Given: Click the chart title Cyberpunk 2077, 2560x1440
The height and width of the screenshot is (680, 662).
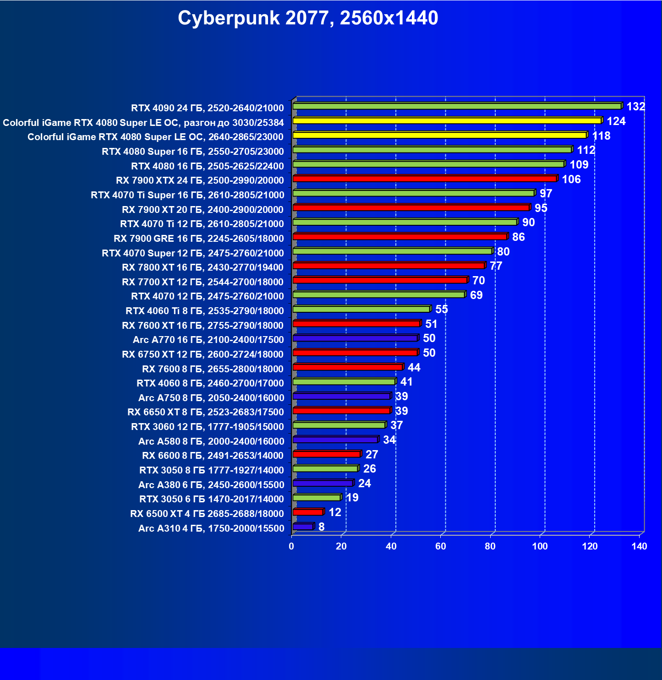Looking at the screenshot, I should (x=308, y=18).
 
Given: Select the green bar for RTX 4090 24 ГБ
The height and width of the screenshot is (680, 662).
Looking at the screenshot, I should (x=457, y=106).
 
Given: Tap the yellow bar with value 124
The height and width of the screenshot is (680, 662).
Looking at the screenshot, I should (x=447, y=121).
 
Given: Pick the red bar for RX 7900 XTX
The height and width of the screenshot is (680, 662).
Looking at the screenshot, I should (x=425, y=179).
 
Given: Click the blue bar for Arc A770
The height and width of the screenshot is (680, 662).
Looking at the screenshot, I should (x=355, y=338).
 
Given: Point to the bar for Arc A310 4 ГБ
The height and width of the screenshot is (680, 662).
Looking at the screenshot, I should (x=303, y=527).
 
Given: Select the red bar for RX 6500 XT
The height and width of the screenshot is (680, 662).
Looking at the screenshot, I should (x=308, y=512).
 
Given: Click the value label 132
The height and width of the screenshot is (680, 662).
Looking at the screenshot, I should (x=635, y=107).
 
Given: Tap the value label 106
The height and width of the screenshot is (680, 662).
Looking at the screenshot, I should (x=571, y=180).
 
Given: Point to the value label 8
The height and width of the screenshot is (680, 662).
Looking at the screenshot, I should (x=322, y=527).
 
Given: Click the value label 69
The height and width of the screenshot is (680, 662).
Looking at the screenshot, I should (x=476, y=295).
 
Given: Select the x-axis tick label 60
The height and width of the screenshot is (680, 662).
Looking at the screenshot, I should (x=441, y=546).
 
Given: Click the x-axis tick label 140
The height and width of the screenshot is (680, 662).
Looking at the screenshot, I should (x=639, y=546).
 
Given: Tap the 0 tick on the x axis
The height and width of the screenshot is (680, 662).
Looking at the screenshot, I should (x=291, y=546).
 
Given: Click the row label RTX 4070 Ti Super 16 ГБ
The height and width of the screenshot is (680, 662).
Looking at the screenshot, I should (x=187, y=195).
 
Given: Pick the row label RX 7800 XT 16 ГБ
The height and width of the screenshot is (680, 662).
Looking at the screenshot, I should (x=203, y=267).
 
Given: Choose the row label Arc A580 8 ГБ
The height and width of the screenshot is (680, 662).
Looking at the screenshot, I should (x=211, y=441).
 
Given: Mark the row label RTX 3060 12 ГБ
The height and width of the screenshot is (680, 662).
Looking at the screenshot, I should (x=208, y=427).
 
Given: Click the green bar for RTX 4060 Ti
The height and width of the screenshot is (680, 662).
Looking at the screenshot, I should (x=361, y=309).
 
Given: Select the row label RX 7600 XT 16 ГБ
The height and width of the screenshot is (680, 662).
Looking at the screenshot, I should (x=203, y=326).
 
